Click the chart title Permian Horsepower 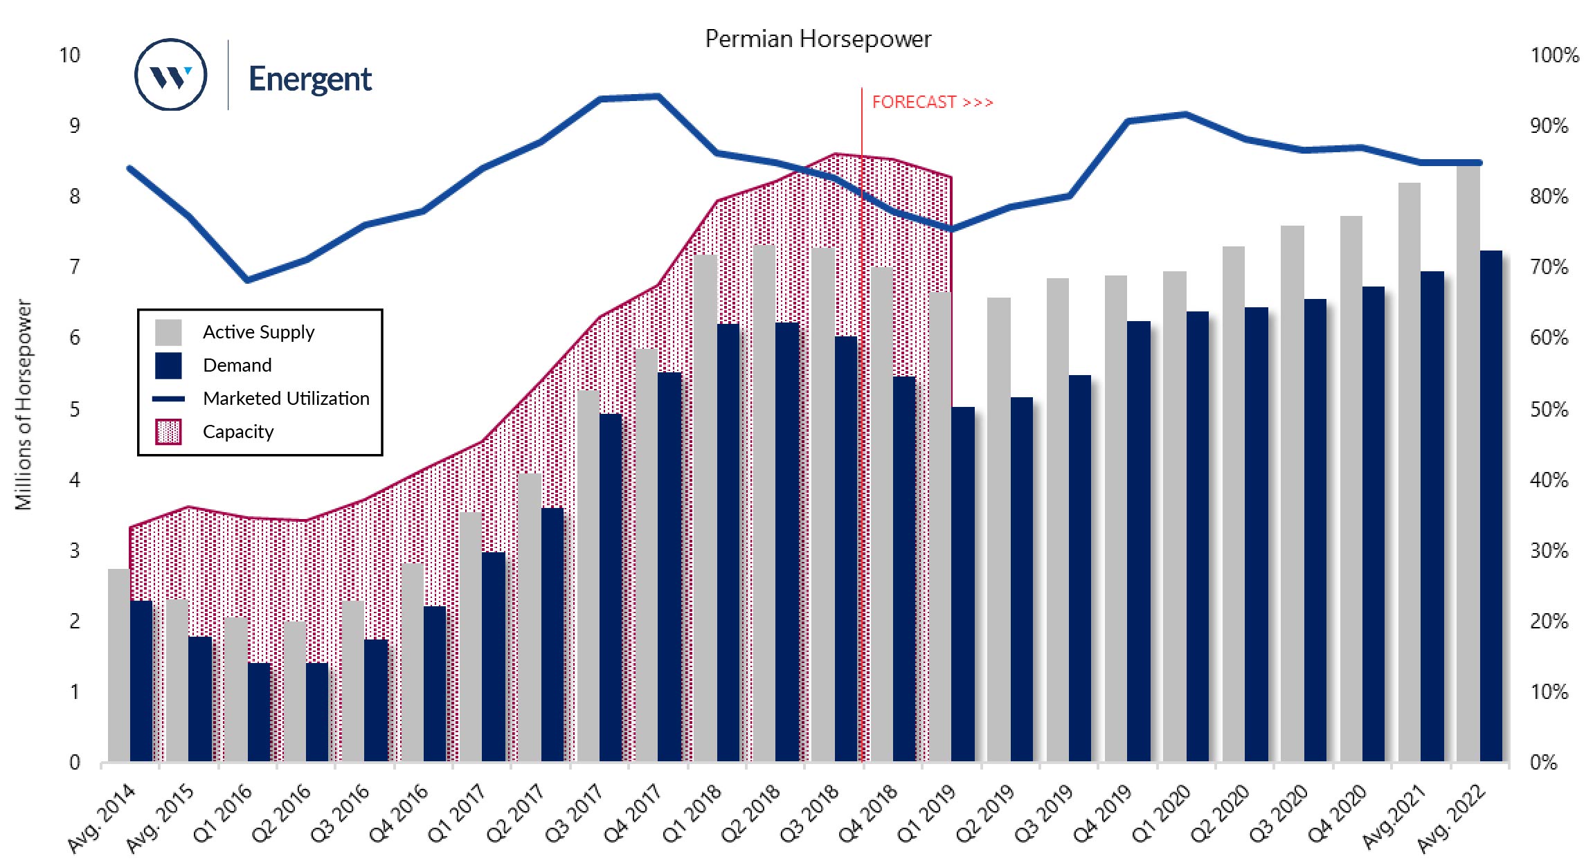tap(818, 39)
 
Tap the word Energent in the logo tap(309, 79)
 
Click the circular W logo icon tap(170, 75)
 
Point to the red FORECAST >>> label tap(932, 102)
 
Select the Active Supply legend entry tap(258, 332)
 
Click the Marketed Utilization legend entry tap(286, 399)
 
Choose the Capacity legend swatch tap(168, 432)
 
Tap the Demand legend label tap(237, 365)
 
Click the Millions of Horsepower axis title tap(24, 405)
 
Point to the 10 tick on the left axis tap(69, 55)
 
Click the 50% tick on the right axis tap(1549, 409)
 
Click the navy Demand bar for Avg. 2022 tap(1491, 505)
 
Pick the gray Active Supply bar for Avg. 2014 tap(119, 664)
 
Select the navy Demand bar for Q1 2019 tap(963, 585)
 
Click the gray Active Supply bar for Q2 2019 tap(999, 529)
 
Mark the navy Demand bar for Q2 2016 tap(317, 713)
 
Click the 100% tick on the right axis tap(1554, 55)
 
